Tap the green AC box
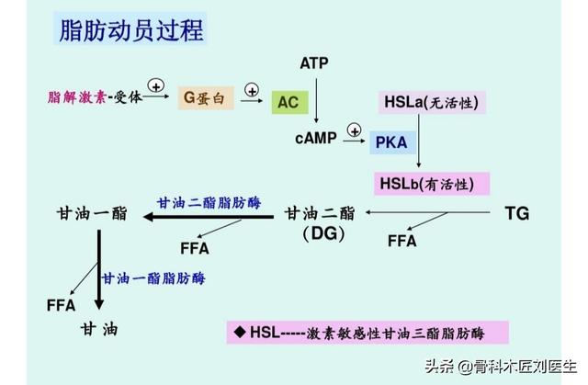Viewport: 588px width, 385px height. pos(288,102)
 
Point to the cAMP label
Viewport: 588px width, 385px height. pos(314,139)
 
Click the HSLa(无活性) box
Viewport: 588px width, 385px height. pos(430,101)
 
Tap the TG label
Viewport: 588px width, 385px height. pos(517,213)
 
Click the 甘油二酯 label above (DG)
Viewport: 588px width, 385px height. pos(320,213)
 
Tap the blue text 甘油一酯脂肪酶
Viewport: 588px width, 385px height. pos(153,277)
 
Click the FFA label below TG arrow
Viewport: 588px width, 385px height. pos(402,242)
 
